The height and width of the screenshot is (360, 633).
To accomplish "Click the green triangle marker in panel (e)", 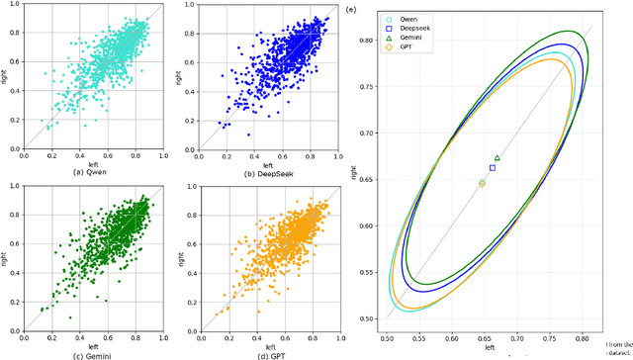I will [x=497, y=158].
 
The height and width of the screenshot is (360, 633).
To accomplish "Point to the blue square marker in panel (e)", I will [x=493, y=168].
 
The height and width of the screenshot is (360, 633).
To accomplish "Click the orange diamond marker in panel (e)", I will [x=482, y=184].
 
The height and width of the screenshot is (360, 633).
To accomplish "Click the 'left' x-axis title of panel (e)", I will [x=490, y=348].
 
